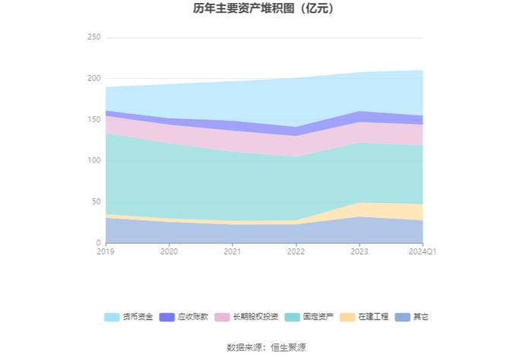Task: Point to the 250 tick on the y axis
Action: [93, 37]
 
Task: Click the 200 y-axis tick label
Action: [93, 78]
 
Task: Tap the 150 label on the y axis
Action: [93, 119]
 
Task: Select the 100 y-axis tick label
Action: [93, 160]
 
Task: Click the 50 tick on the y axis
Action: [96, 201]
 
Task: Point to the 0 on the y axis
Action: [98, 242]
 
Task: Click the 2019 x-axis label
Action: [106, 251]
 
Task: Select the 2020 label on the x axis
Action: [169, 251]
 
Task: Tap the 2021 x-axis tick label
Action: [233, 251]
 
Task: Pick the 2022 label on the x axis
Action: [296, 251]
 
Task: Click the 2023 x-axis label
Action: [359, 251]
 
